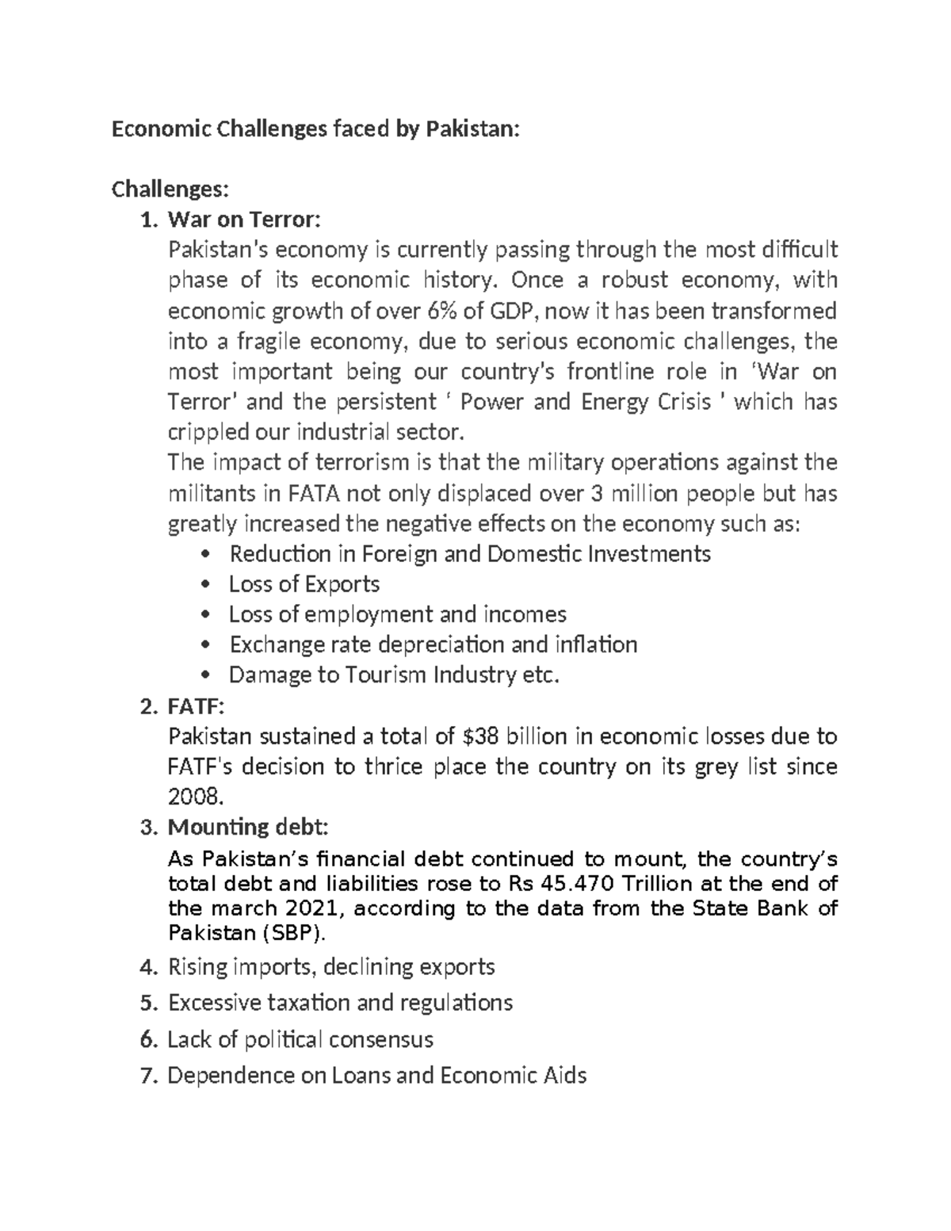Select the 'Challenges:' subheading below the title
pos(170,189)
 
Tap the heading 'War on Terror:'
pos(245,220)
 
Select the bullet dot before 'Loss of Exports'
pos(207,585)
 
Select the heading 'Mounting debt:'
pos(247,828)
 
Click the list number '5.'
pos(149,1004)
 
